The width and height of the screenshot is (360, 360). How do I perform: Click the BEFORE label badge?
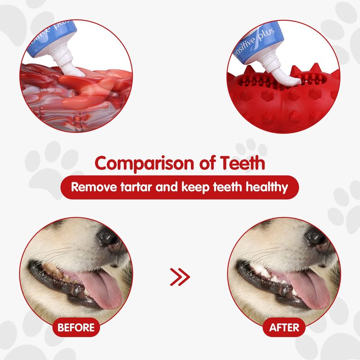[76, 327]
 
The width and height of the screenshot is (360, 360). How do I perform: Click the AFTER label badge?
[284, 327]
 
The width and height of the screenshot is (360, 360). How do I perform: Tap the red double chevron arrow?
[180, 277]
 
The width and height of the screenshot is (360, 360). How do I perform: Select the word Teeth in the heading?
[243, 162]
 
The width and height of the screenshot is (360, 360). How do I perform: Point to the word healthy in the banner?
[267, 187]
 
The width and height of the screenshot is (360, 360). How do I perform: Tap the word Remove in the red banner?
[94, 187]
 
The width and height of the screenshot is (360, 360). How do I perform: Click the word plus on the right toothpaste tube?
[266, 35]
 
